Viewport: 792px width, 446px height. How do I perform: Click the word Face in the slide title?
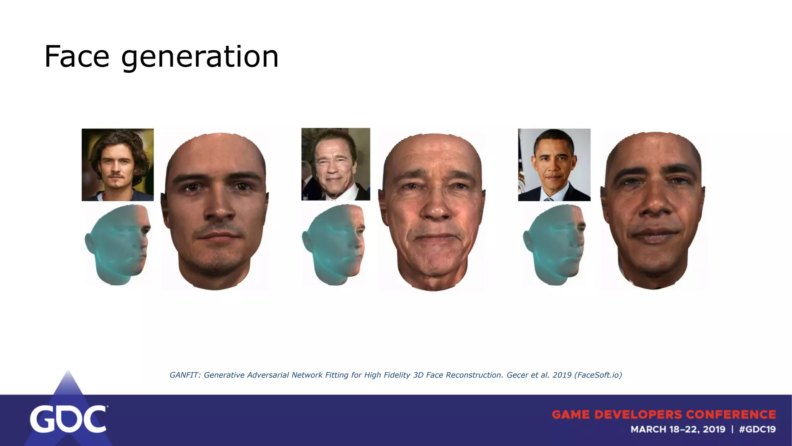(x=77, y=57)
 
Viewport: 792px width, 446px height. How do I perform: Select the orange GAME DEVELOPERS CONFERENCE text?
(x=664, y=415)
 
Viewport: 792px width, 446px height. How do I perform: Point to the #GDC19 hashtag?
(x=757, y=429)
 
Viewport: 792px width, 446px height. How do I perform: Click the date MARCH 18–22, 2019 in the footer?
(x=678, y=429)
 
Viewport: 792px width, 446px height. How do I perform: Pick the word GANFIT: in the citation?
(x=184, y=375)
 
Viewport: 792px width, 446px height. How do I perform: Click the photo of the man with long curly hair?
(x=118, y=165)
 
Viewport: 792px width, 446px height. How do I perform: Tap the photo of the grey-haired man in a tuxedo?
(x=336, y=164)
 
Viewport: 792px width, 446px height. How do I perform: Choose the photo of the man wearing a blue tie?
(x=554, y=165)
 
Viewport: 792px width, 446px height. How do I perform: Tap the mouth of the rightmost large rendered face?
(x=653, y=235)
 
